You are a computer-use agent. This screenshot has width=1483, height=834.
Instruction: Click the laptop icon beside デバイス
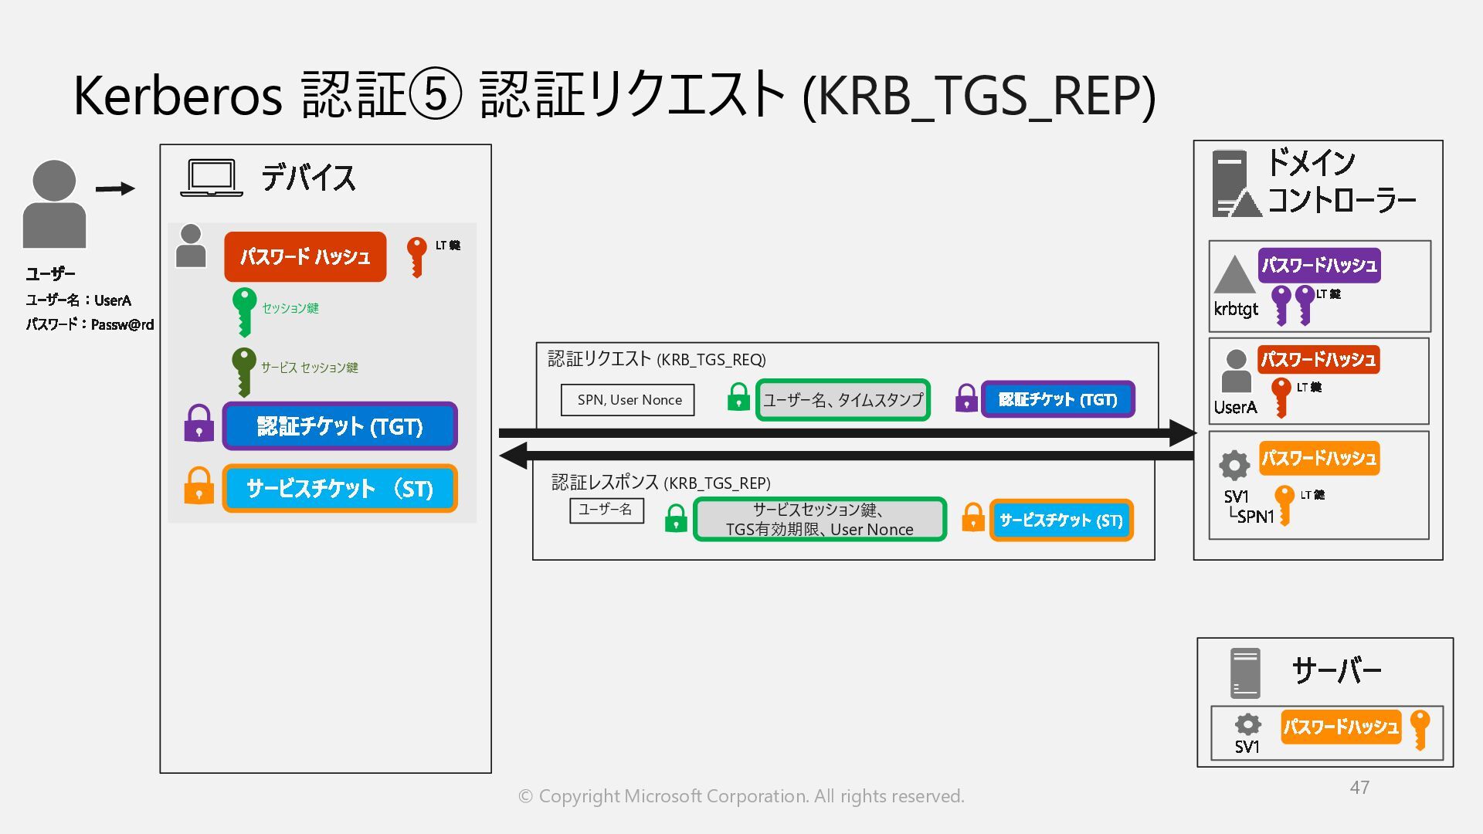point(211,178)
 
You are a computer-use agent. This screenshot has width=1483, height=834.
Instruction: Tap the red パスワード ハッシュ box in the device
point(305,256)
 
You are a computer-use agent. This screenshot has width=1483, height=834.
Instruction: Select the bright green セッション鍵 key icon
point(244,310)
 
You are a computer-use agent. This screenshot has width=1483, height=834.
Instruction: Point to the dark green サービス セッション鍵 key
point(244,371)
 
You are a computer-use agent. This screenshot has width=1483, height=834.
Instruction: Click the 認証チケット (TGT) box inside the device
point(340,425)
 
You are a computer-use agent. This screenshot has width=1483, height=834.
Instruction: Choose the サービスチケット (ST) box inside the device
point(340,488)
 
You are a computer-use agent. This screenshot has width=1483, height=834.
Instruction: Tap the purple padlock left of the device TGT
point(199,423)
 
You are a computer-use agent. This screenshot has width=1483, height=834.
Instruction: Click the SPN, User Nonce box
point(628,400)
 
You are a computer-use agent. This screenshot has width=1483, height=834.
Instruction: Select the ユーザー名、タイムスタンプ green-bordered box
point(843,400)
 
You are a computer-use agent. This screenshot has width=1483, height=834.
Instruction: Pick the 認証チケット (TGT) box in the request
point(1057,399)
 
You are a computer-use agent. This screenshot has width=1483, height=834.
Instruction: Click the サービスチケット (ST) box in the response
point(1060,520)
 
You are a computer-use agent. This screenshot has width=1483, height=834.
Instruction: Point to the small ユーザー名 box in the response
point(606,510)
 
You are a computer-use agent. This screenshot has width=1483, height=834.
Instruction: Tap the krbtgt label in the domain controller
point(1236,309)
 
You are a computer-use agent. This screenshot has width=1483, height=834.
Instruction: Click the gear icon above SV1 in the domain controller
point(1234,465)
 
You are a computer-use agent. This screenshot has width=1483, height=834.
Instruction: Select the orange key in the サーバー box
point(1420,729)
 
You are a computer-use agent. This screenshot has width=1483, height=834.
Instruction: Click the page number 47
point(1359,787)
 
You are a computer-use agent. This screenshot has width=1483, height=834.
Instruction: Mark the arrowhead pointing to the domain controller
point(1182,433)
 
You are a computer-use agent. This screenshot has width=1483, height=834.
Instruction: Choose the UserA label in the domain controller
point(1235,407)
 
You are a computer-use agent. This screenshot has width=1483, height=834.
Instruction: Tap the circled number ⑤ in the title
point(435,94)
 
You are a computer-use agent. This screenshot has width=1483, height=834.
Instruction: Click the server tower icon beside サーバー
point(1245,673)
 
